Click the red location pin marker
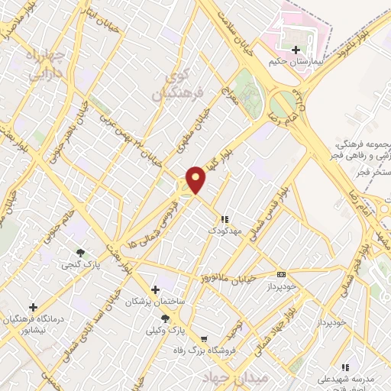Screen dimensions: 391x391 point(196,179)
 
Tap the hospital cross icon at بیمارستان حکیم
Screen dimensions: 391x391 point(296,50)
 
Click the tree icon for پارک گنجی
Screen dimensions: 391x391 point(80,253)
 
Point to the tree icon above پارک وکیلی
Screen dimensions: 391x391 point(165,318)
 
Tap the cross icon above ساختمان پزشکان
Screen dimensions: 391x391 point(156,289)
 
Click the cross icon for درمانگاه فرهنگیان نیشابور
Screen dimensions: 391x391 point(32,306)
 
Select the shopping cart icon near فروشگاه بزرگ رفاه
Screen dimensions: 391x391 point(203,338)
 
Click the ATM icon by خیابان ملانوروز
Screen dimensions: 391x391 point(282,274)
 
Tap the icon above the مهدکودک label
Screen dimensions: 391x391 point(224,218)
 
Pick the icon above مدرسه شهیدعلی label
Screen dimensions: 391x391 point(345,367)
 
